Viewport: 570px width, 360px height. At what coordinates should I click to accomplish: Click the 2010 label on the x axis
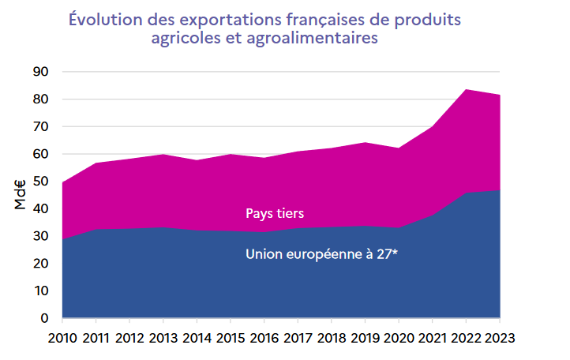(62, 339)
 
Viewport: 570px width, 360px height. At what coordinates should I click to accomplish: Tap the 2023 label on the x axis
(499, 339)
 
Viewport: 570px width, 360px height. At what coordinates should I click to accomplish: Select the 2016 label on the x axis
(264, 339)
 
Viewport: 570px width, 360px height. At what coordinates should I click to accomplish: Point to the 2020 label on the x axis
(398, 339)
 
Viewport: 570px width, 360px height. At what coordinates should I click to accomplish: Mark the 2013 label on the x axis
(163, 339)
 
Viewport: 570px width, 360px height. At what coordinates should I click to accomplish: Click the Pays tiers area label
(275, 213)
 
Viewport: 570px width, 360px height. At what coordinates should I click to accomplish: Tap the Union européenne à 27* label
(321, 254)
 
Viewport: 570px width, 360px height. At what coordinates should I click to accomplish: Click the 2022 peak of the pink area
(466, 90)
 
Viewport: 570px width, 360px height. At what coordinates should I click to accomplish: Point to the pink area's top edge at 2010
(63, 182)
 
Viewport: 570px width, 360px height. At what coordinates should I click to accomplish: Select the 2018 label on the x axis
(331, 339)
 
